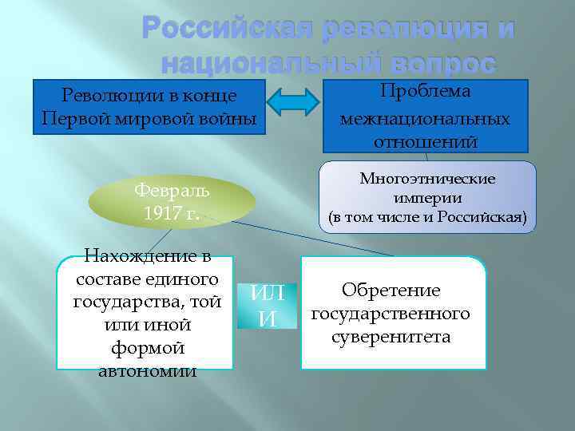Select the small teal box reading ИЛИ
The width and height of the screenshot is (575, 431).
267,306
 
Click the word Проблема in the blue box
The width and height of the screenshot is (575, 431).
426,92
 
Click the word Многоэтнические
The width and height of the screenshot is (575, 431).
427,179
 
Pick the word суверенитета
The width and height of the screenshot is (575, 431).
391,337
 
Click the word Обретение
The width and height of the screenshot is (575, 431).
391,291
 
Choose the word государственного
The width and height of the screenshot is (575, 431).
391,314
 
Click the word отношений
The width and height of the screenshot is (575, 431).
425,142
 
